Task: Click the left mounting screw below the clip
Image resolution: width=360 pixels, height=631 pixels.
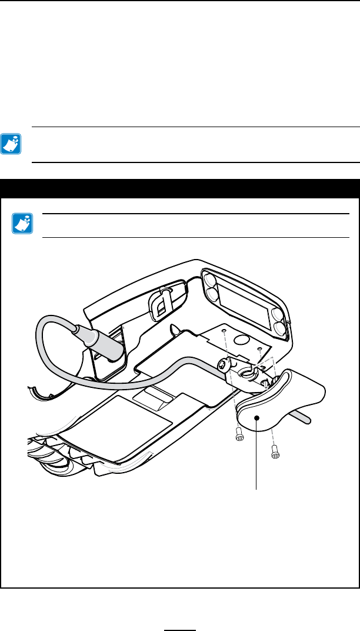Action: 239,438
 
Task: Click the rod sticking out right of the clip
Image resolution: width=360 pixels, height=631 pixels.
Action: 305,416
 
